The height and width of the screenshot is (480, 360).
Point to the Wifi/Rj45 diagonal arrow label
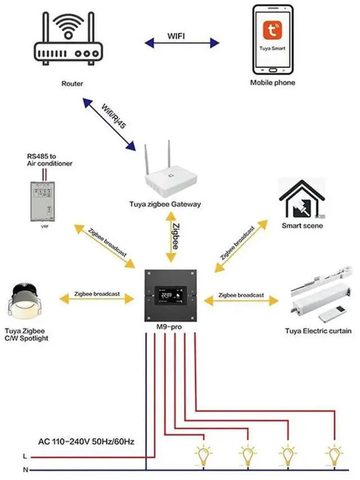tap(113, 117)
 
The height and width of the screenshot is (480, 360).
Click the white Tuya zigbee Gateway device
tap(169, 175)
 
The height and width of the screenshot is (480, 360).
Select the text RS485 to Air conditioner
tap(49, 159)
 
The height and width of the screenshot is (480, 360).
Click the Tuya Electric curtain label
tap(318, 331)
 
